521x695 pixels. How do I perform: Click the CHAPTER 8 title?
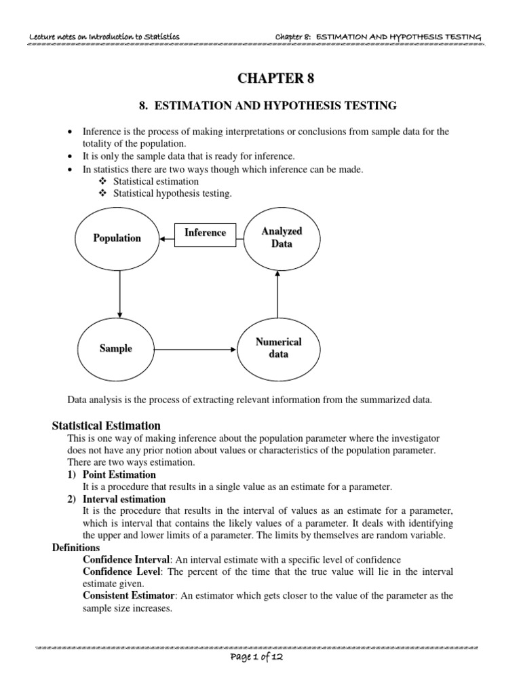[275, 79]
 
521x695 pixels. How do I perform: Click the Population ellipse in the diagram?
[117, 238]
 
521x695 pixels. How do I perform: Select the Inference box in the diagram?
[205, 233]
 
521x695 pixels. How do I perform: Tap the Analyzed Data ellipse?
[282, 237]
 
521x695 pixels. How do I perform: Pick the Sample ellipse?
[116, 349]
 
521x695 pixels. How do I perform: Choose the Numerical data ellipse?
[278, 348]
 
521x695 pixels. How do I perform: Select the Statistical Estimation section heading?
[107, 426]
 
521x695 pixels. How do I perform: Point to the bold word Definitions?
[76, 547]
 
